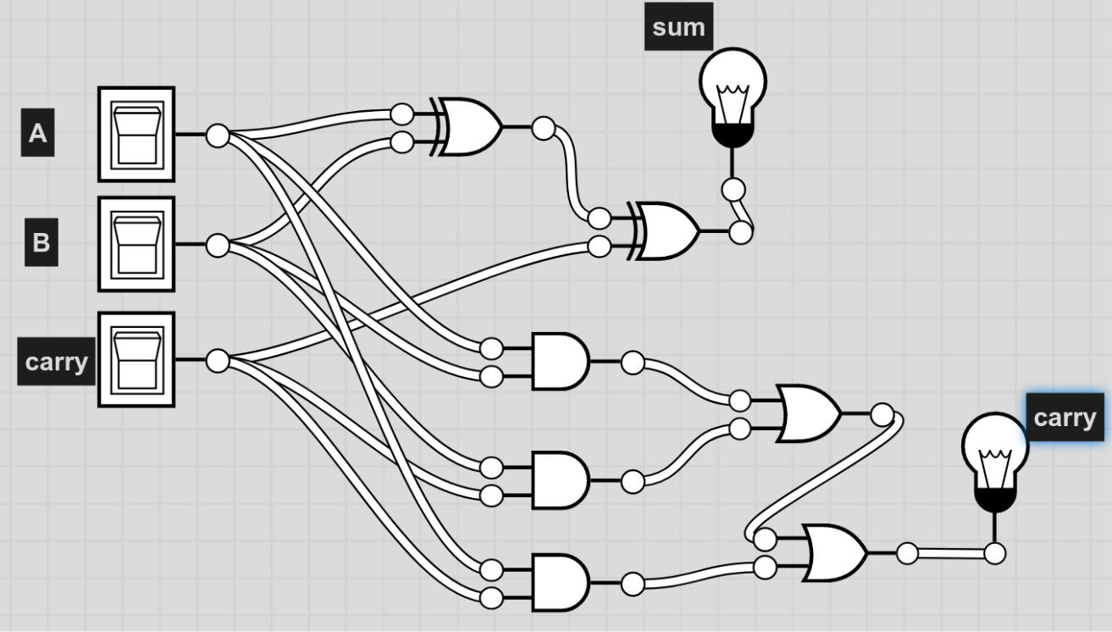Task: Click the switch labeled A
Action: pyautogui.click(x=136, y=134)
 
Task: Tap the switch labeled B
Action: pyautogui.click(x=136, y=244)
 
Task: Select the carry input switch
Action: pyautogui.click(x=136, y=360)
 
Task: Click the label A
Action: pyautogui.click(x=37, y=134)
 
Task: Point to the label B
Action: pyautogui.click(x=41, y=243)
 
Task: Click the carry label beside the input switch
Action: pyautogui.click(x=56, y=363)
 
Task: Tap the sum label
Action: pyautogui.click(x=678, y=27)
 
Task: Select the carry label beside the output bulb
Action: pyautogui.click(x=1065, y=418)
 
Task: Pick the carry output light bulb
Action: pyautogui.click(x=995, y=457)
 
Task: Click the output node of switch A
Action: pyautogui.click(x=218, y=135)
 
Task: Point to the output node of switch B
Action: pyautogui.click(x=218, y=246)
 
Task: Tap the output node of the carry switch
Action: pyautogui.click(x=218, y=361)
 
